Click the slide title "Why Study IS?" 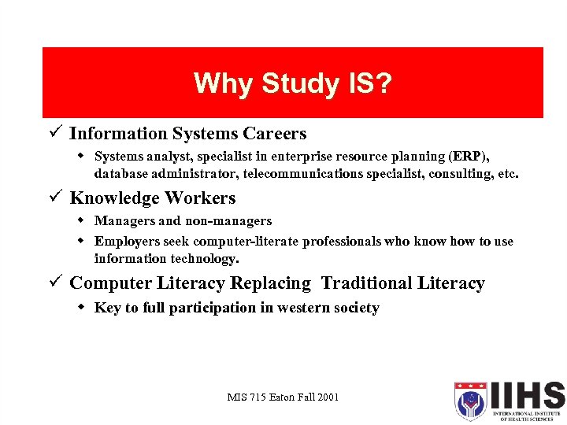click(x=292, y=83)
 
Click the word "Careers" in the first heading click(x=275, y=134)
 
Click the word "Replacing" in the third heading click(x=271, y=283)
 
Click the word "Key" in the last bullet click(x=106, y=308)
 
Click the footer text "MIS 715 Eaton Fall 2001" click(x=282, y=397)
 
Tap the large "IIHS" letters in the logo click(x=527, y=395)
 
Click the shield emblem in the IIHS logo click(x=470, y=401)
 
